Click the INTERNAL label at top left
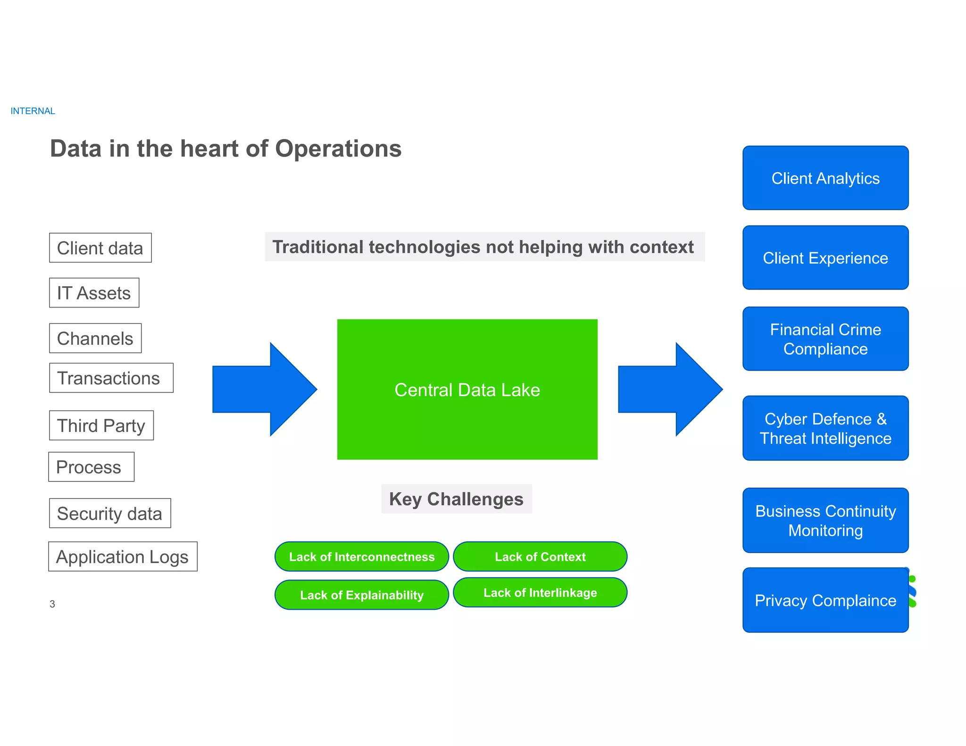tap(33, 111)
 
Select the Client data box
tap(100, 248)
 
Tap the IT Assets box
tap(94, 293)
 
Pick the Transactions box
tap(111, 378)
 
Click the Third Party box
tap(101, 425)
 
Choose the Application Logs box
tap(123, 556)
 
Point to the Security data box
tap(109, 514)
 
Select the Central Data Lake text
tap(467, 390)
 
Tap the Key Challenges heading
tap(456, 499)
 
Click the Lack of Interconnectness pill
tap(362, 557)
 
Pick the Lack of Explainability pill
tap(362, 595)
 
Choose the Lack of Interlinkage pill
tap(540, 593)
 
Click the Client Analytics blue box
tap(825, 178)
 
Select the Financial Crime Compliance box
tap(825, 339)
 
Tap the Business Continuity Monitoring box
tap(825, 521)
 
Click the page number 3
tap(52, 604)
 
